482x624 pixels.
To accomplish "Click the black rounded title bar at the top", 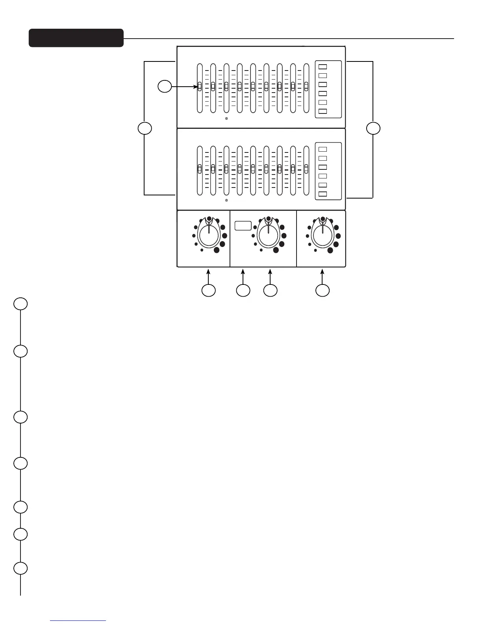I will point(76,38).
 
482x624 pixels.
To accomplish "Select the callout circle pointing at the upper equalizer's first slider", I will point(165,86).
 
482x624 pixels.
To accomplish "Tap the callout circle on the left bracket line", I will point(145,128).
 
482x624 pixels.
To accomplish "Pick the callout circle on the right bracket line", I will point(373,128).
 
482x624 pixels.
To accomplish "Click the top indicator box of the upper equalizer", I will point(323,67).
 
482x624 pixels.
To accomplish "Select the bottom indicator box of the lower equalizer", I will point(323,194).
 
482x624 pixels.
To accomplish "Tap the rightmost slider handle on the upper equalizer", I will point(306,86).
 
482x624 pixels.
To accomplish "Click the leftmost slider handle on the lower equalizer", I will point(200,169).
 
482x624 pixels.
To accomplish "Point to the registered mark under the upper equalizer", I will point(226,118).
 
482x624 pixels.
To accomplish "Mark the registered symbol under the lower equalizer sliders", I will point(226,200).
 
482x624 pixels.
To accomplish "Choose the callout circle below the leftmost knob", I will point(208,290).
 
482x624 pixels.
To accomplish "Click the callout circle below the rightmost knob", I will point(323,290).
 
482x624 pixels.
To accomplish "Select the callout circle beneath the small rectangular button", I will point(243,290).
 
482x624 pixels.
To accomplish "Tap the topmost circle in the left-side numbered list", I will point(20,304).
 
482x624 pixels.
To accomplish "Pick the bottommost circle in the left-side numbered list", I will point(20,568).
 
